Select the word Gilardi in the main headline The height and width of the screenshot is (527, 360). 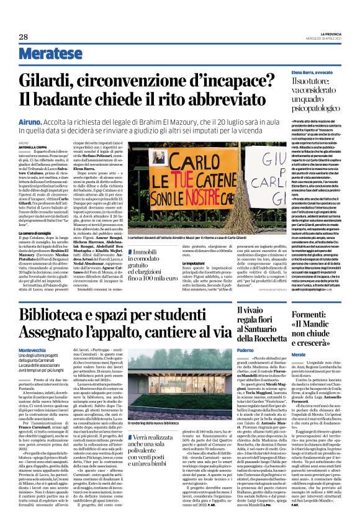pyautogui.click(x=49, y=80)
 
